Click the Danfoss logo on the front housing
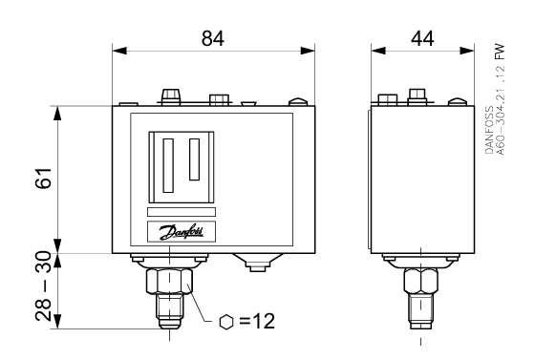tap(182, 231)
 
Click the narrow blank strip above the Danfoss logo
tap(182, 211)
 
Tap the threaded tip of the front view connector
tap(168, 313)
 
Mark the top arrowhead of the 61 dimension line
tap(59, 110)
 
